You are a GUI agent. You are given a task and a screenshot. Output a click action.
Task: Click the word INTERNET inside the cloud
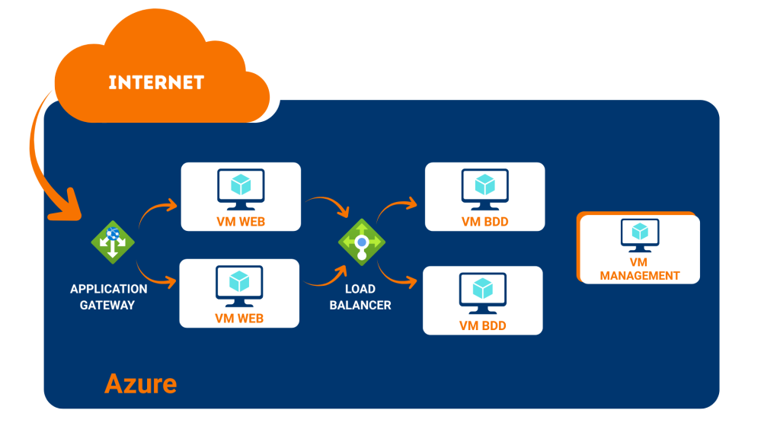click(x=156, y=82)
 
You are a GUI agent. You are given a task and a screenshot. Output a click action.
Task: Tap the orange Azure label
click(x=140, y=383)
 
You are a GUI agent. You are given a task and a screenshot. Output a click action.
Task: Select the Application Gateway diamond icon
click(x=113, y=242)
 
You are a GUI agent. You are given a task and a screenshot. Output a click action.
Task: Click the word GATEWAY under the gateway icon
click(x=107, y=305)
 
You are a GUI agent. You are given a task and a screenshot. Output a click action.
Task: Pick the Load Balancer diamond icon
click(x=362, y=243)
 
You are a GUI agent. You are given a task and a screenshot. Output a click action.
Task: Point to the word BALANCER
click(x=360, y=305)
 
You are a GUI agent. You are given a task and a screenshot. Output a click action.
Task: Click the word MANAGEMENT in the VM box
click(x=640, y=275)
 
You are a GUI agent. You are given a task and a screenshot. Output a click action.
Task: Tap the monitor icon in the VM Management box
click(x=640, y=236)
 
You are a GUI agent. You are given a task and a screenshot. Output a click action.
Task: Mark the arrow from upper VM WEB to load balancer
click(x=328, y=206)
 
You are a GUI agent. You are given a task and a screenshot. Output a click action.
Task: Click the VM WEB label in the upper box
click(x=240, y=223)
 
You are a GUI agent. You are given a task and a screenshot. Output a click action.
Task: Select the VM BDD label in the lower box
click(x=483, y=326)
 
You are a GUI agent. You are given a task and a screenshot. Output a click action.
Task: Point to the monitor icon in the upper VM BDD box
click(x=484, y=188)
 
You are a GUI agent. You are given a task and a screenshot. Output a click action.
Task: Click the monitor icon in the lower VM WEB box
click(x=240, y=285)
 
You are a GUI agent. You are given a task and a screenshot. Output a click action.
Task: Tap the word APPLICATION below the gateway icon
click(x=108, y=290)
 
